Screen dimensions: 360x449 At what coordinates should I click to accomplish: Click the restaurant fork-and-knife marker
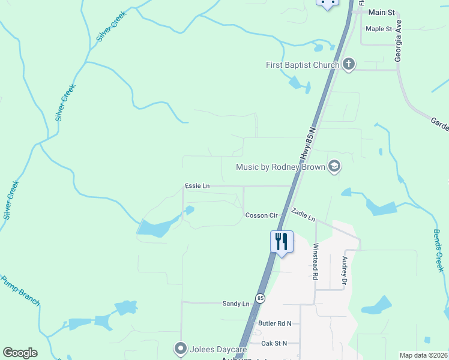point(282,241)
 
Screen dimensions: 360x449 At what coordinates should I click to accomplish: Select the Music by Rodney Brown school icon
point(334,167)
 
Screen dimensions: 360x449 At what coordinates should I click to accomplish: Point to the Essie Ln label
point(197,186)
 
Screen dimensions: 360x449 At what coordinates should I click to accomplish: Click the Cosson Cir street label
point(261,215)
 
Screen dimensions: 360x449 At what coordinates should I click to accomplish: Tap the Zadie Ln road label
point(303,215)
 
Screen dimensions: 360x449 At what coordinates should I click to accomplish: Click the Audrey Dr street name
point(345,271)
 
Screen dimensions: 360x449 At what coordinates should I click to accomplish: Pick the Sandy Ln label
point(235,304)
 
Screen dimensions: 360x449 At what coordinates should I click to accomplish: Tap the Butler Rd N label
point(274,323)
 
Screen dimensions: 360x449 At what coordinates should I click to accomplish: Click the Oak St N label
point(274,343)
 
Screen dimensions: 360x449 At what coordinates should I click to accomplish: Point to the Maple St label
point(379,29)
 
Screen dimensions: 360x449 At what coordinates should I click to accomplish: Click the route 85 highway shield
point(260,298)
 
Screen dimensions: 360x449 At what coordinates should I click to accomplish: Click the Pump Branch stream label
point(20,290)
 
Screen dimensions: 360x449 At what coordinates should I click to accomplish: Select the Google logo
point(20,353)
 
